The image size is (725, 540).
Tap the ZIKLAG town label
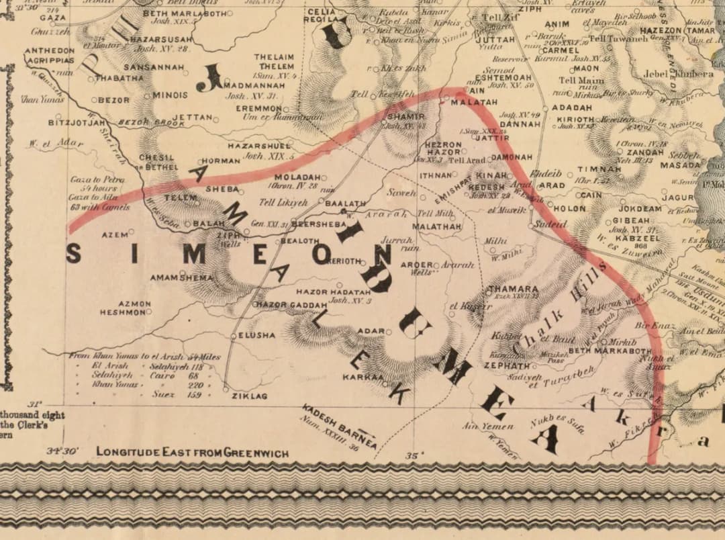click(249, 396)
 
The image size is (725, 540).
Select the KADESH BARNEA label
click(339, 422)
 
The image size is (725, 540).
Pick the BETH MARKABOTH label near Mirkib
click(610, 351)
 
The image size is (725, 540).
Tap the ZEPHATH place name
click(507, 366)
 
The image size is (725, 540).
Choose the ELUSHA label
click(256, 335)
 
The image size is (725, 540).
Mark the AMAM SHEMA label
click(181, 277)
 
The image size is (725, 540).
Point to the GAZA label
click(53, 17)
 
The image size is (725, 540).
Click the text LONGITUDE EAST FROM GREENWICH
click(192, 453)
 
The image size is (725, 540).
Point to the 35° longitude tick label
click(412, 456)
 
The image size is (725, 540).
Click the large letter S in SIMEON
click(74, 254)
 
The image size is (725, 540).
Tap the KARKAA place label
click(362, 377)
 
